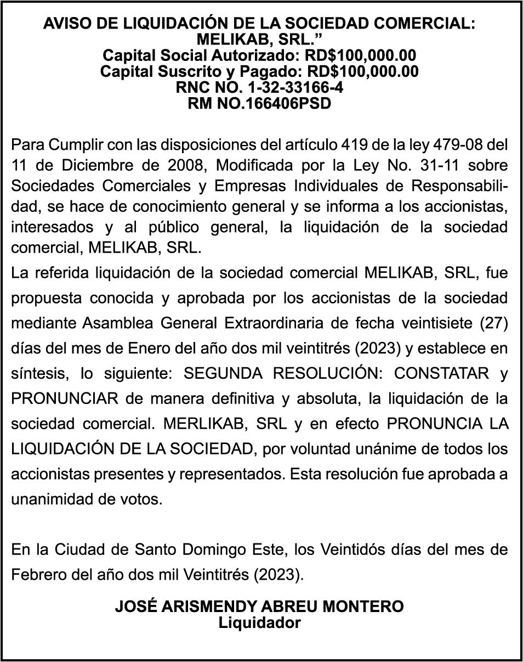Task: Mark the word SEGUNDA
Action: (223, 374)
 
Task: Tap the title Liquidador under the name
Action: (259, 623)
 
